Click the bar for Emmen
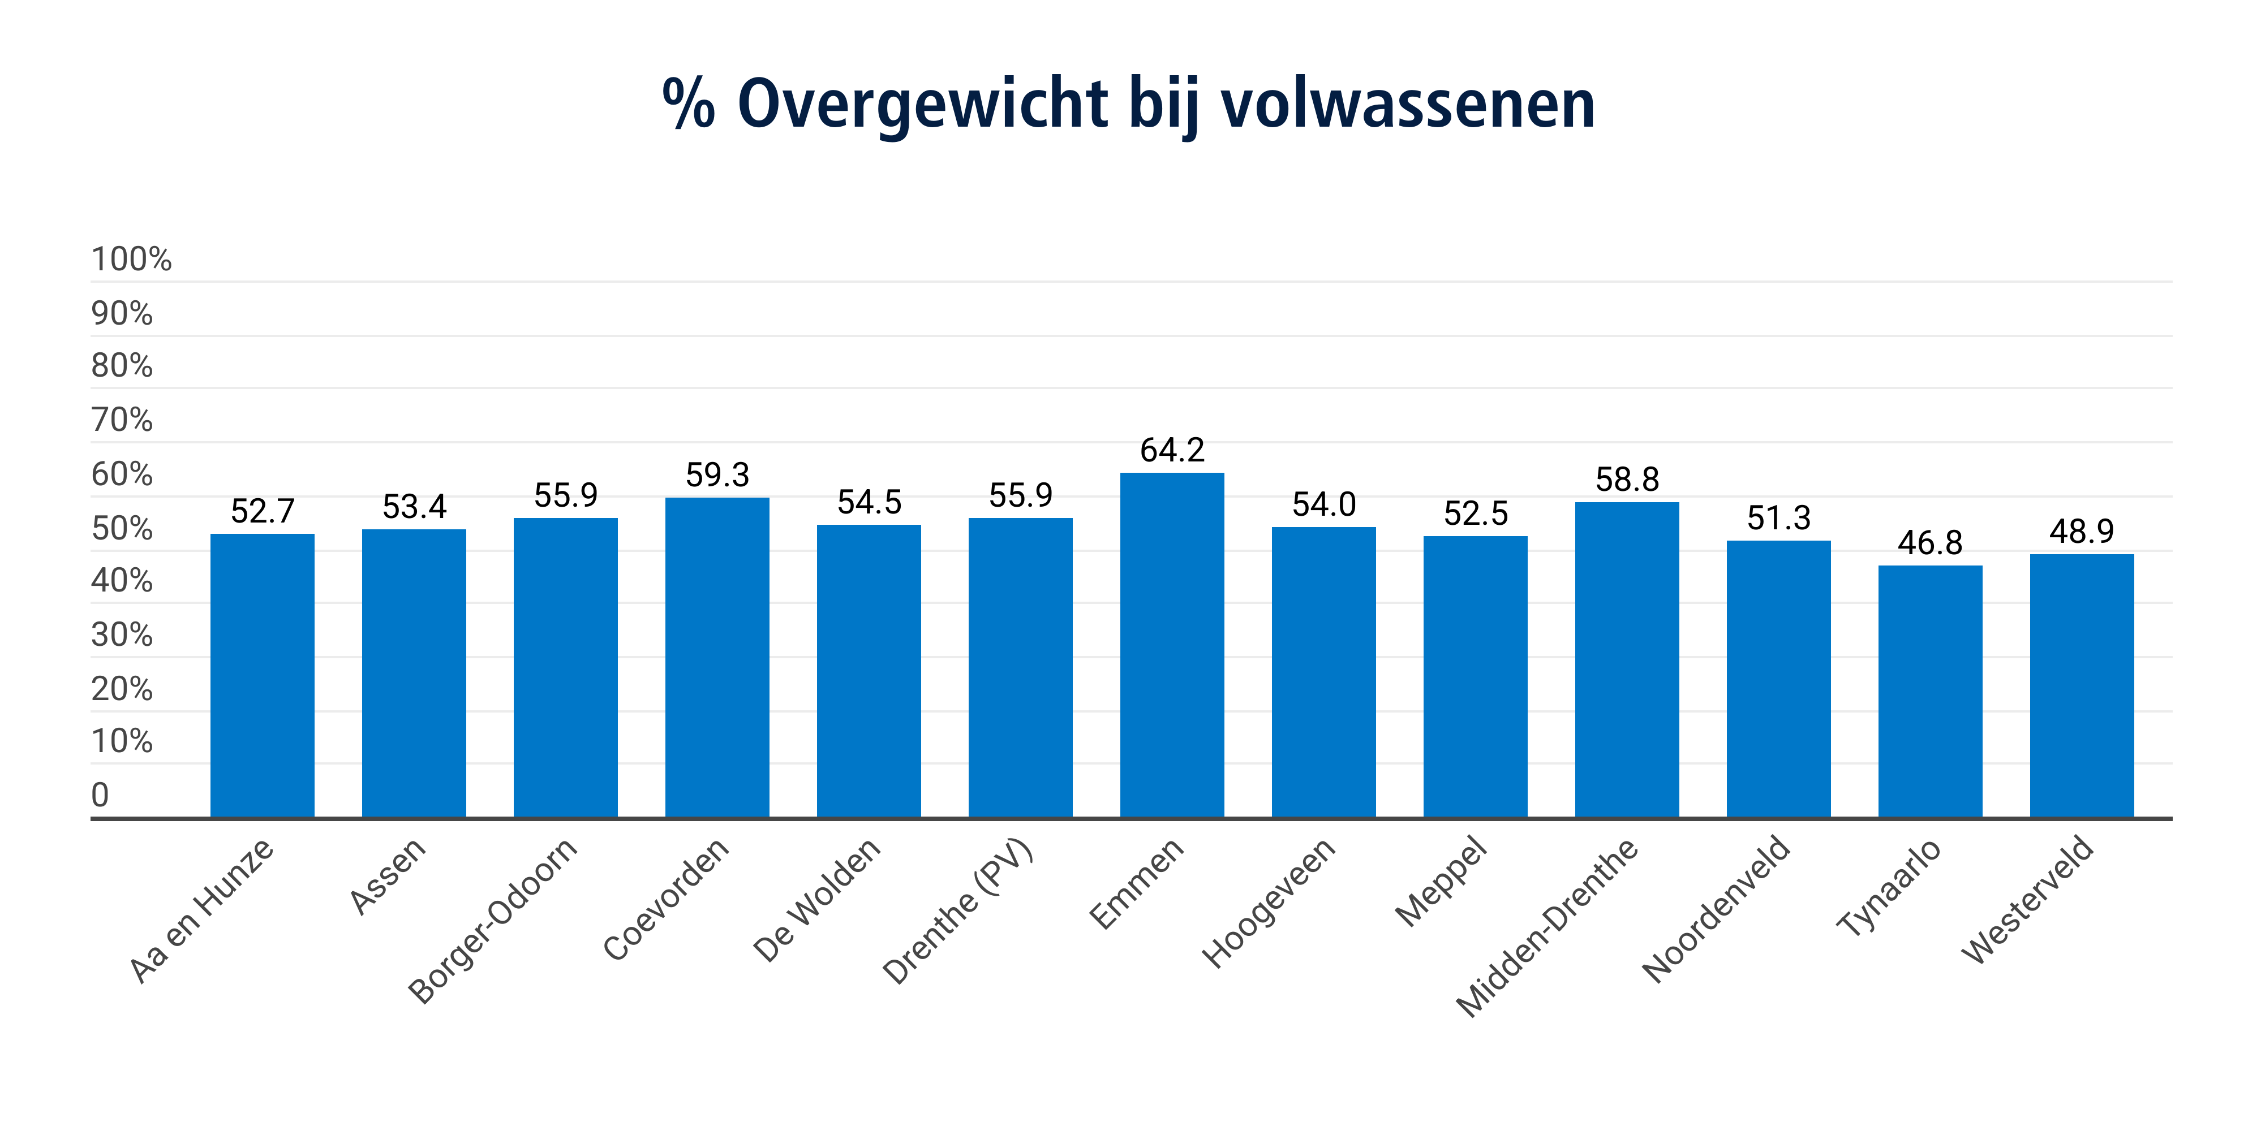point(1172,645)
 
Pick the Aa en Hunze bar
point(263,676)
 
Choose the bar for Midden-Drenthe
point(1626,660)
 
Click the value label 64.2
point(1172,450)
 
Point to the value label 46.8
point(1929,543)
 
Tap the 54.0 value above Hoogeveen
point(1323,504)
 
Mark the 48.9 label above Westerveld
point(2081,531)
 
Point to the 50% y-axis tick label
point(122,529)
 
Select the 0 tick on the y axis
point(100,795)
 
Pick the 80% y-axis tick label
point(122,366)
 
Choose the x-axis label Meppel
point(1441,882)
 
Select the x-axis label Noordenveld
point(1716,909)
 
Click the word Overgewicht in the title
point(922,103)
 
